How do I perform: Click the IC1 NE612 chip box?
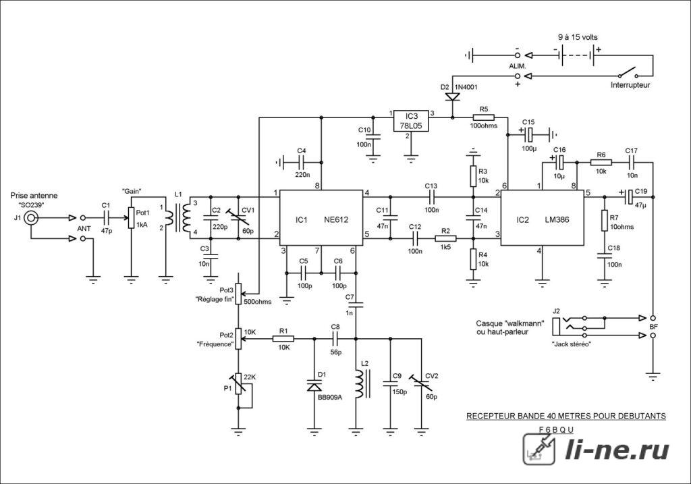[x=322, y=218]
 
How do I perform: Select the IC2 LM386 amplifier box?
[x=542, y=218]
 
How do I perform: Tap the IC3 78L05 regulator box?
[x=411, y=121]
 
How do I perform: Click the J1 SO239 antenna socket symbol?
[x=31, y=218]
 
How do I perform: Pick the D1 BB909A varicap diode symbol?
[x=314, y=387]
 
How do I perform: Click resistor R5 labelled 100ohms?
[x=484, y=117]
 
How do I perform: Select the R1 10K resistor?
[x=283, y=339]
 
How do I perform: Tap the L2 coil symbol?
[x=360, y=383]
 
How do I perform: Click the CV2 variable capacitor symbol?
[x=421, y=383]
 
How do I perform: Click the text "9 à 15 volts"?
[x=578, y=38]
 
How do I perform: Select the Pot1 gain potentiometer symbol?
[x=131, y=218]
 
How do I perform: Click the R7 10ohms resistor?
[x=605, y=220]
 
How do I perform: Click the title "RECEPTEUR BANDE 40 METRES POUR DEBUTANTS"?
[x=566, y=416]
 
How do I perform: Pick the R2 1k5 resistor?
[x=445, y=238]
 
